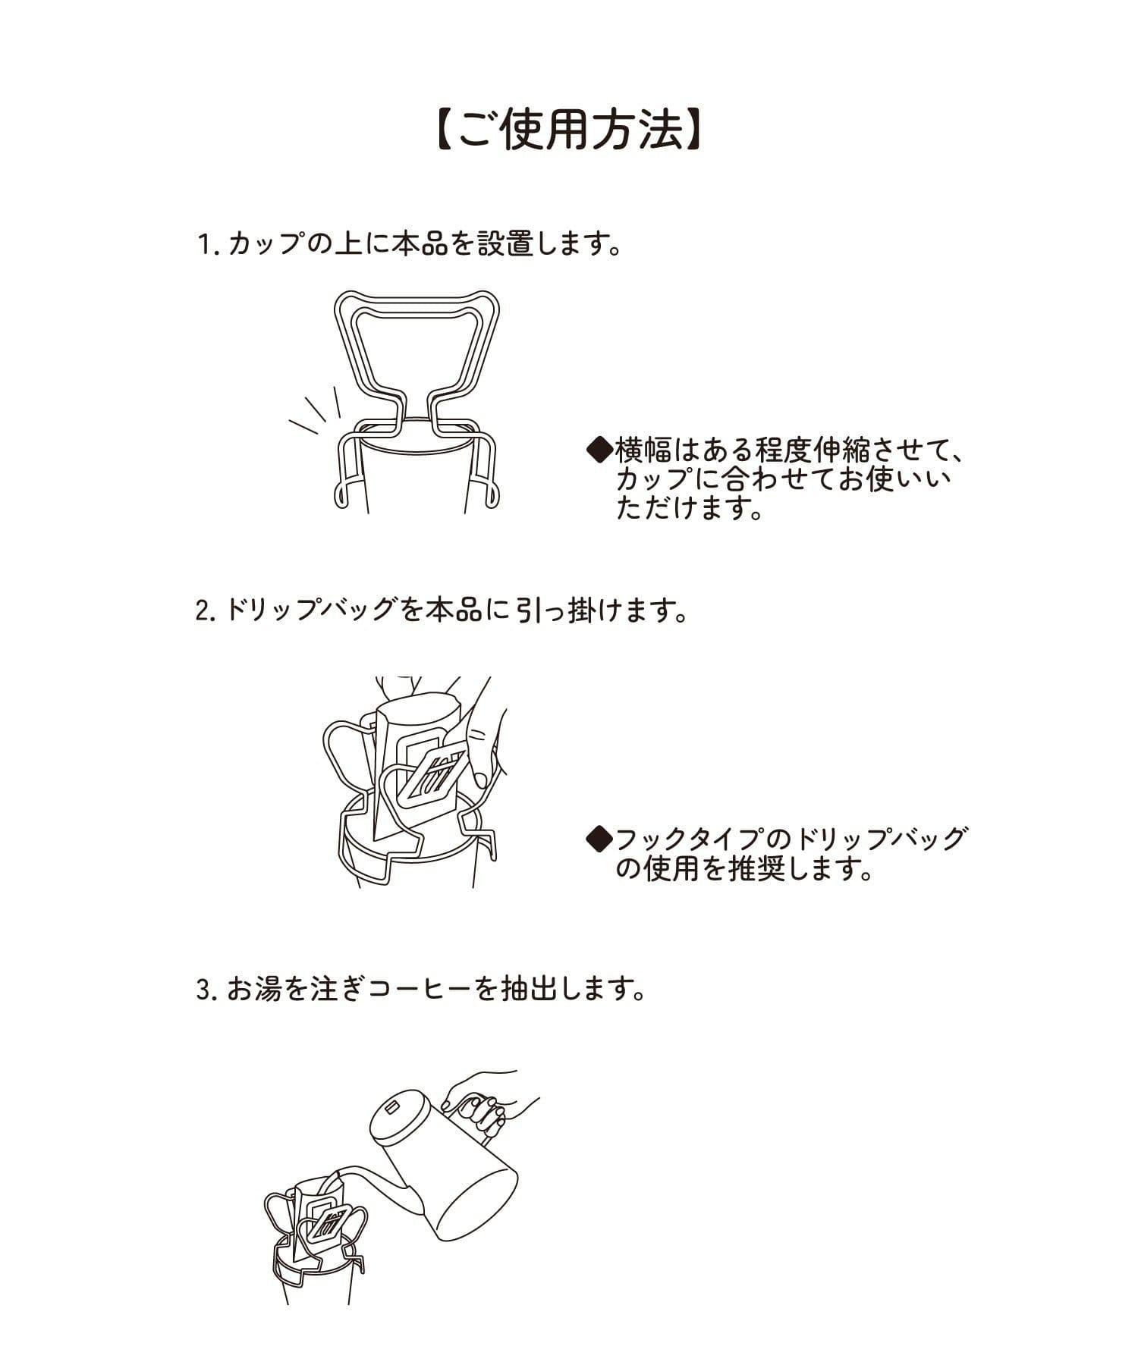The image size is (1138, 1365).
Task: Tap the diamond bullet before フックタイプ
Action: [x=600, y=839]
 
